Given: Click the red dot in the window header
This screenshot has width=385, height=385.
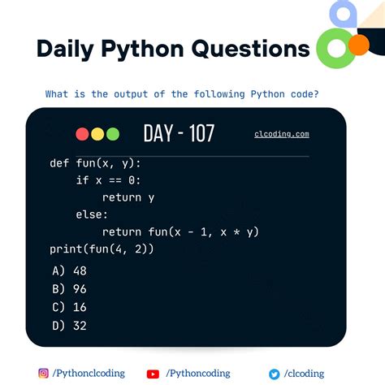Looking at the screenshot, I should (x=82, y=134).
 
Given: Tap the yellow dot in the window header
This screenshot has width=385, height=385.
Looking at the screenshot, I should (x=97, y=134).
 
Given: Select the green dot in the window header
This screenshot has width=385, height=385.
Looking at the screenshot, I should (x=112, y=134).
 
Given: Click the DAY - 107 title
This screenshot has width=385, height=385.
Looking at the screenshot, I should (x=179, y=133).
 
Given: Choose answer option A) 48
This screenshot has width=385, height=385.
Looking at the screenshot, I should (x=69, y=270).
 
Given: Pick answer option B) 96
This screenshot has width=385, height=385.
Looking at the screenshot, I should (x=69, y=288).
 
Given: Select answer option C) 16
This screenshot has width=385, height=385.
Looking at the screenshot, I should (x=69, y=307).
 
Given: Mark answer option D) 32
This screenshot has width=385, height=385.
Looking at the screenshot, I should (x=69, y=325).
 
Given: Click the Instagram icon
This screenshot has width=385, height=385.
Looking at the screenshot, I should (x=44, y=374).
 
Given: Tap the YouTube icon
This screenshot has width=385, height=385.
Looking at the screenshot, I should (x=153, y=374).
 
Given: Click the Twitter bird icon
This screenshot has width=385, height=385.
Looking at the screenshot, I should (x=275, y=374).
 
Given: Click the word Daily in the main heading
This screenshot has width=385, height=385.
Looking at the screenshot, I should (x=67, y=48).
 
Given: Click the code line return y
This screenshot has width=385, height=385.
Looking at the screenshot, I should (x=128, y=197).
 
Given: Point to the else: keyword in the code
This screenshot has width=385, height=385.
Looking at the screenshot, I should (x=92, y=214).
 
